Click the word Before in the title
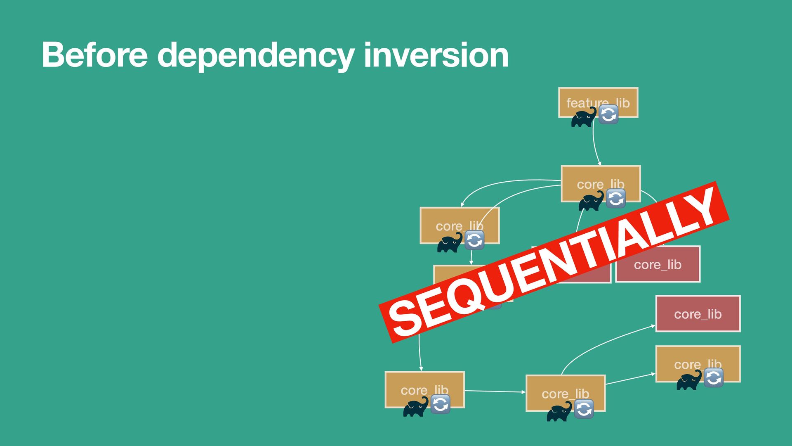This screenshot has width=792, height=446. click(x=94, y=55)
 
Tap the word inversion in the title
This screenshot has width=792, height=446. click(x=436, y=55)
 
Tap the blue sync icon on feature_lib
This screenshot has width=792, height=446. click(x=608, y=114)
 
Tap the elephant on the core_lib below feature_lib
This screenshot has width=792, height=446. click(x=591, y=201)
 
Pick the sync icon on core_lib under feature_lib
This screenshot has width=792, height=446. click(x=616, y=199)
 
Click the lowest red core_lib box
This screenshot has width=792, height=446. click(x=698, y=314)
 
